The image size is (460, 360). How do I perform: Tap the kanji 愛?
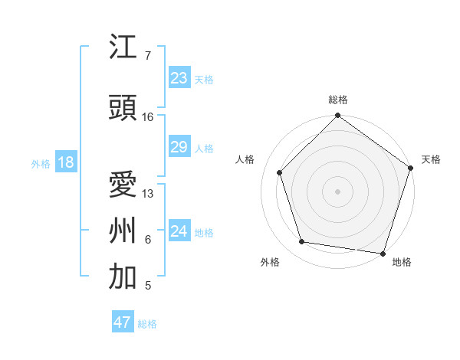[x=123, y=185]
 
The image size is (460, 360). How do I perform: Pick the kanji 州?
[x=123, y=230]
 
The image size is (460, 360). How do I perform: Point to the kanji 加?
[x=123, y=277]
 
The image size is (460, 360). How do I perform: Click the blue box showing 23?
[x=179, y=78]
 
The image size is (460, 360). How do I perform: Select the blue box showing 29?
[x=179, y=147]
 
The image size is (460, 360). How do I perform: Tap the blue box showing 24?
[x=179, y=231]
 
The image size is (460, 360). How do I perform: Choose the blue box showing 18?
[x=65, y=162]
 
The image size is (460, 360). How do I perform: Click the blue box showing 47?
[x=123, y=322]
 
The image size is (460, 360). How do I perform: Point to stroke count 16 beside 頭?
[x=148, y=117]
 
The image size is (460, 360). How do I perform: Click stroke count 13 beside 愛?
[x=148, y=194]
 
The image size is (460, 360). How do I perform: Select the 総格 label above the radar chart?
[x=338, y=100]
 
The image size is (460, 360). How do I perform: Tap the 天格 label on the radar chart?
[x=431, y=159]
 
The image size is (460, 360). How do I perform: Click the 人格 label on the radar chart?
[x=245, y=159]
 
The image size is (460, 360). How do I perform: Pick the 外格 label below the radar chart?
[x=270, y=262]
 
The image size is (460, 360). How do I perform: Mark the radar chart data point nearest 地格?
[x=383, y=253]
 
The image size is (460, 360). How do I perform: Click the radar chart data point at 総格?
[x=337, y=116]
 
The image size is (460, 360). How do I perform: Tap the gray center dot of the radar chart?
[x=337, y=191]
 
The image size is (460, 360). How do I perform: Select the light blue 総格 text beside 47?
[x=147, y=324]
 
